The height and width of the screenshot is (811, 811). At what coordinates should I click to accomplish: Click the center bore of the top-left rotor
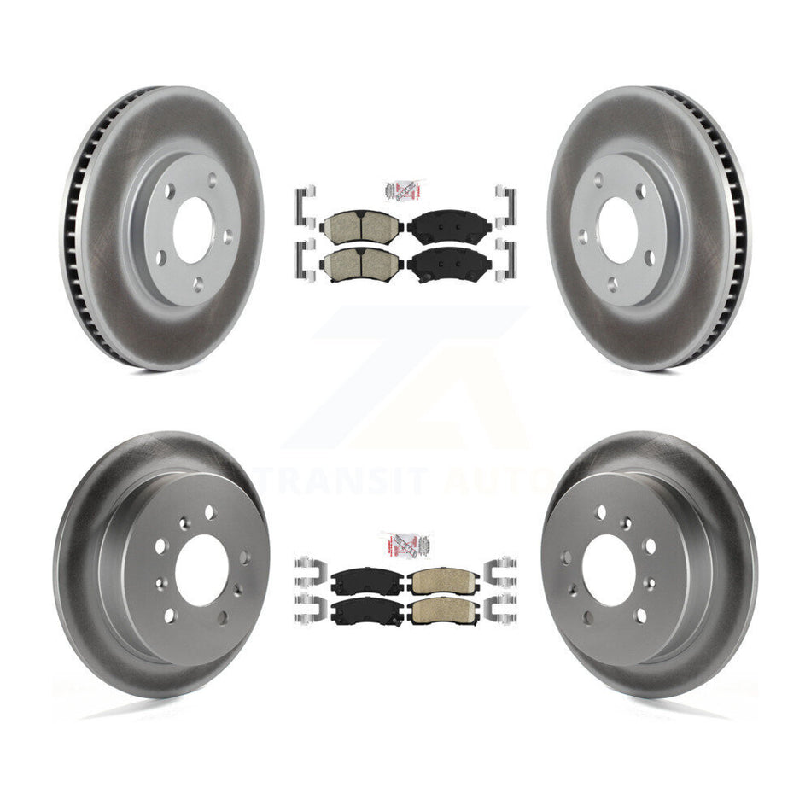(x=193, y=230)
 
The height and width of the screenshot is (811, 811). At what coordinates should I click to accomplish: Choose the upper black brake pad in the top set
(x=449, y=226)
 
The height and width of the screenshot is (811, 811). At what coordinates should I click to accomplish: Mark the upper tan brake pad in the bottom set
(x=444, y=582)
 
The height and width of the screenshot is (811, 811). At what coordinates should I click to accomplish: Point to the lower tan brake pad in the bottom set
(x=444, y=611)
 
